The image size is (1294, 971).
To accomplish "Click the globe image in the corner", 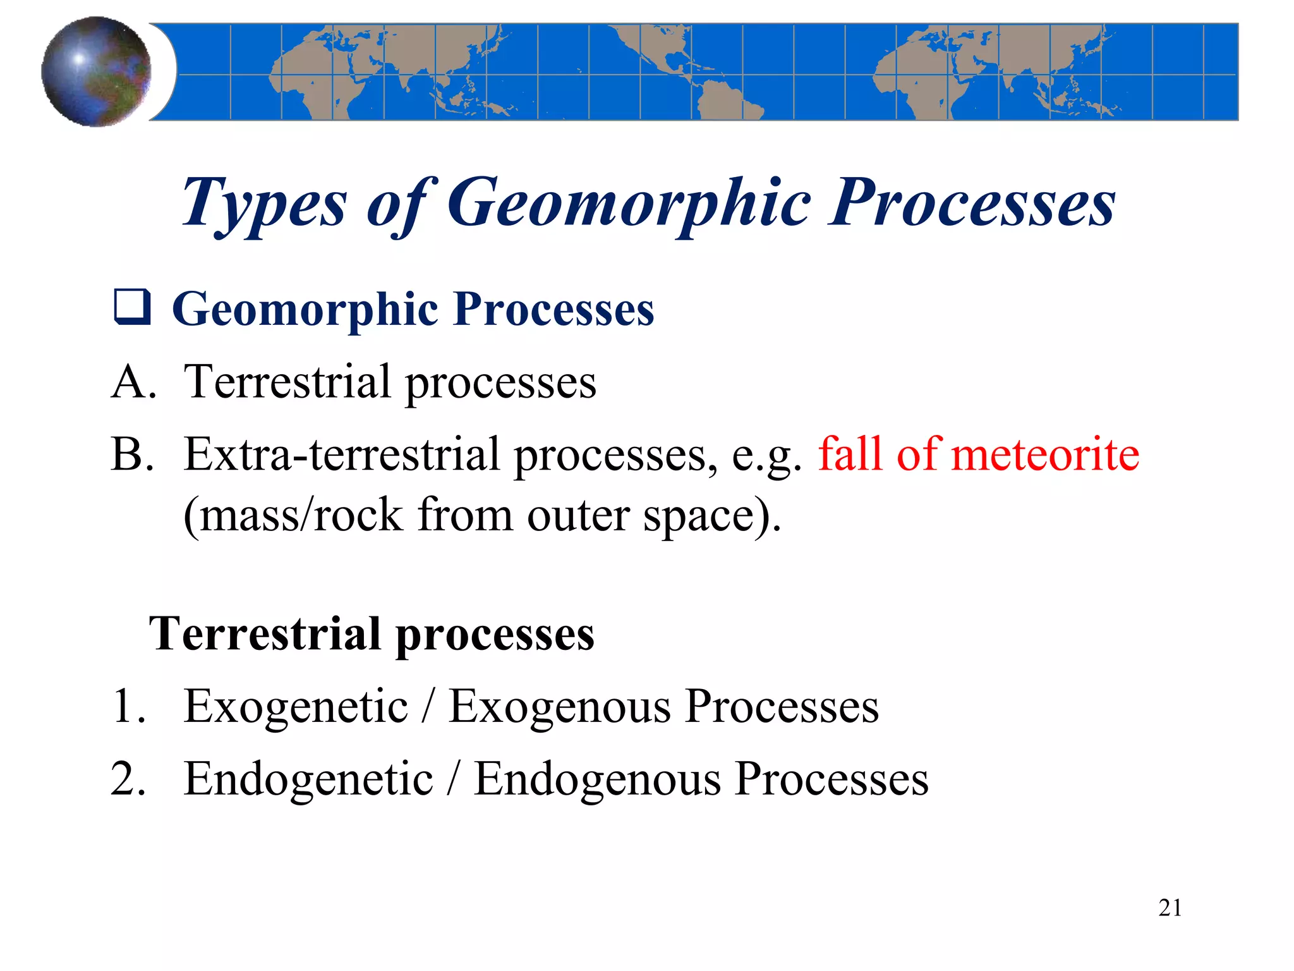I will click(x=96, y=71).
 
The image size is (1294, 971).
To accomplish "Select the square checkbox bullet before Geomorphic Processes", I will click(x=132, y=307).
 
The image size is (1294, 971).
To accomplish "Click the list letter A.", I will click(x=133, y=382).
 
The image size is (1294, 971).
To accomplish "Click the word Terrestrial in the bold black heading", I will click(x=265, y=633).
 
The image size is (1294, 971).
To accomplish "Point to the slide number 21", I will click(x=1170, y=908).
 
